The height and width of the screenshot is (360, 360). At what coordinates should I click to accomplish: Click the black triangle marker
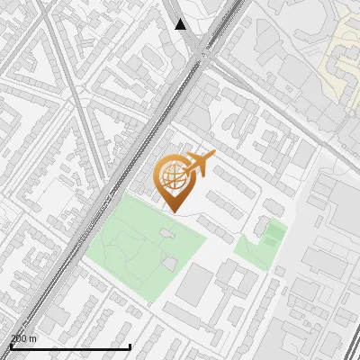pyautogui.click(x=181, y=24)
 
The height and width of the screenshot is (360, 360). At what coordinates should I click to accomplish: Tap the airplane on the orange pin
pyautogui.click(x=198, y=165)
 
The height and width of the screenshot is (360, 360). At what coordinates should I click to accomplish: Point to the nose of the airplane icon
pyautogui.click(x=212, y=156)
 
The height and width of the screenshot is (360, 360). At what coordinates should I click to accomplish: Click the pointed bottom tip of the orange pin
pyautogui.click(x=173, y=211)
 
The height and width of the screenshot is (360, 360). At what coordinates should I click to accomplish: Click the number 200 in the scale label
pyautogui.click(x=19, y=338)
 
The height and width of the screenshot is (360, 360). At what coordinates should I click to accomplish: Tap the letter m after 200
pyautogui.click(x=33, y=338)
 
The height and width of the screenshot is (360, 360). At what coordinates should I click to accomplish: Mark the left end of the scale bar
pyautogui.click(x=11, y=346)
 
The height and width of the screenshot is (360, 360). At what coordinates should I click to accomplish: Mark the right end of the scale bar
pyautogui.click(x=130, y=346)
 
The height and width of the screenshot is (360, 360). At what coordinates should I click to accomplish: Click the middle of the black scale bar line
pyautogui.click(x=70, y=346)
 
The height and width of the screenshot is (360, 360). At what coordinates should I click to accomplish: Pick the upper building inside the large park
pyautogui.click(x=166, y=234)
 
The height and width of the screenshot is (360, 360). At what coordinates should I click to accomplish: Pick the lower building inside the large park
pyautogui.click(x=169, y=263)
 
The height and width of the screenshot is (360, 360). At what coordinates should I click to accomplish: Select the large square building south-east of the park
pyautogui.click(x=194, y=283)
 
